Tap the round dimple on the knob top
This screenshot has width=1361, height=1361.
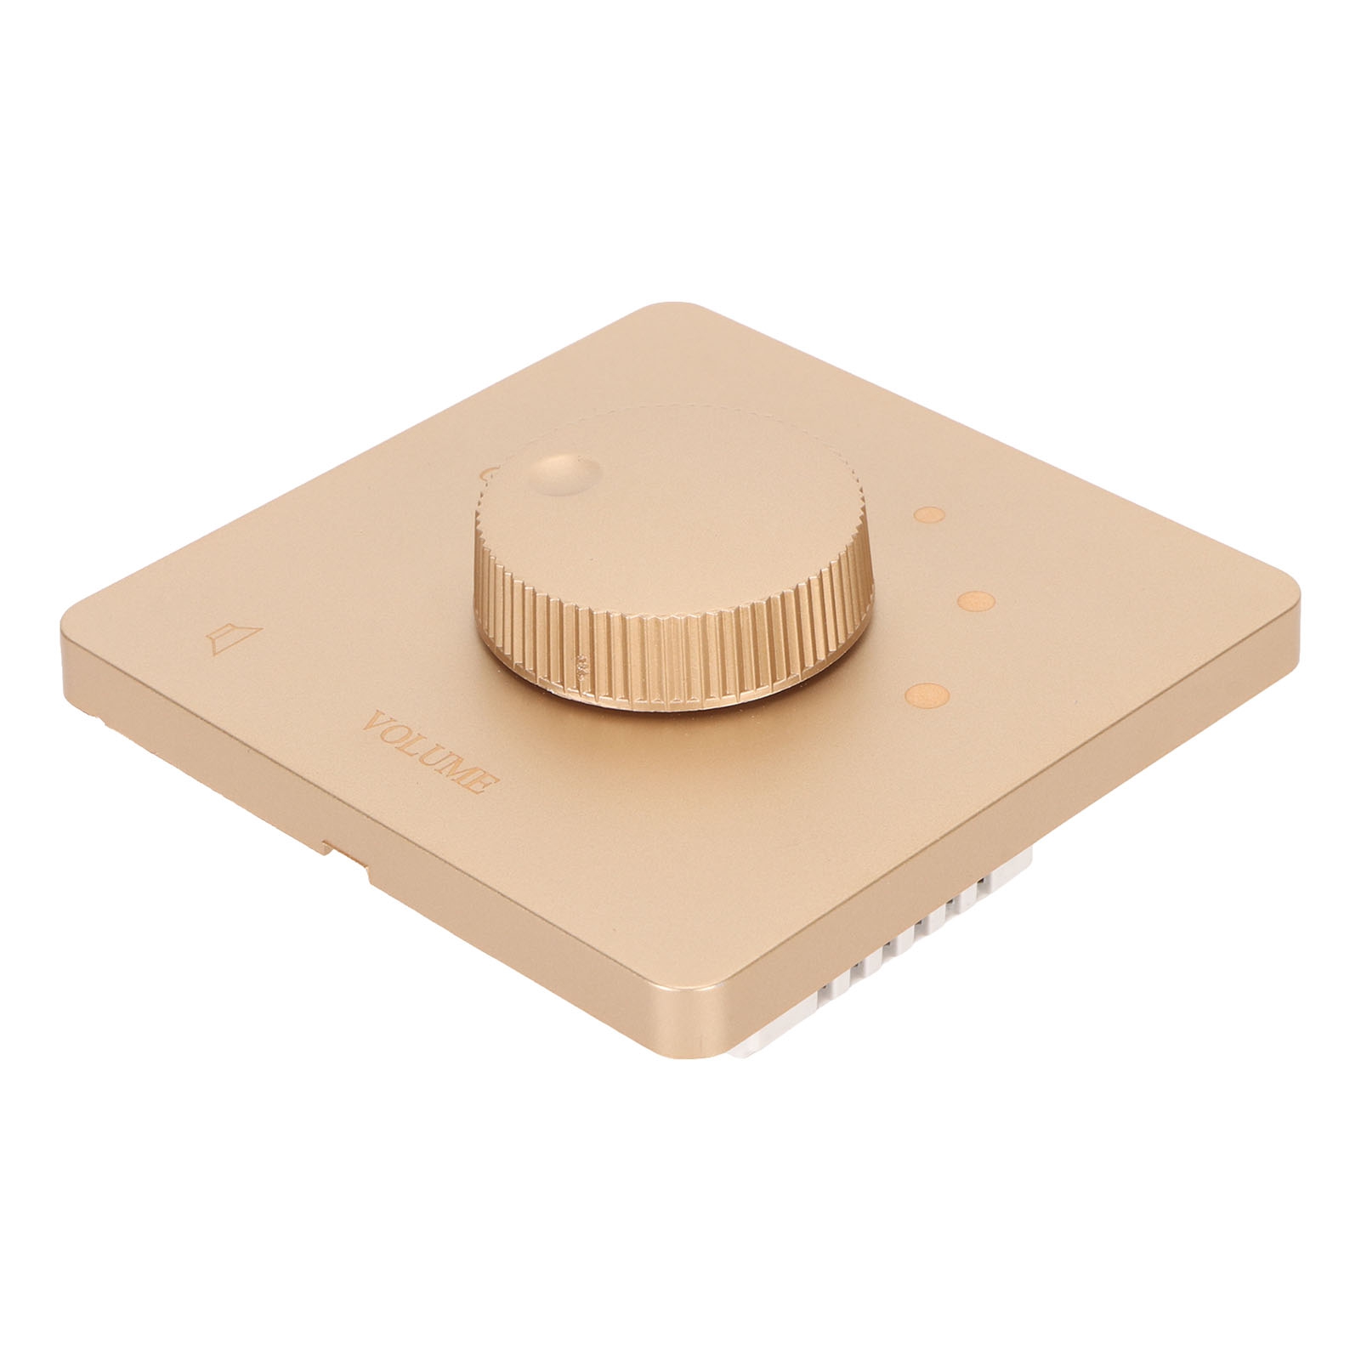point(564,471)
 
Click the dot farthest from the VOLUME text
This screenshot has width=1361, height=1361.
point(930,514)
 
